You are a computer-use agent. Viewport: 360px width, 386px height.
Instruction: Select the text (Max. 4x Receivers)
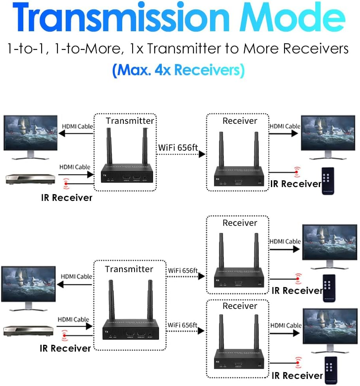tap(178, 70)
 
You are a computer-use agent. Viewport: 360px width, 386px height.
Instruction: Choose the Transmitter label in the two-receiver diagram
tap(129, 269)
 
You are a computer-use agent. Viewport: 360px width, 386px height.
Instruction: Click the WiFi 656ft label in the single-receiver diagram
tap(178, 148)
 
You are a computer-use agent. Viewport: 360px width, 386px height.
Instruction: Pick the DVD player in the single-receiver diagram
tap(30, 179)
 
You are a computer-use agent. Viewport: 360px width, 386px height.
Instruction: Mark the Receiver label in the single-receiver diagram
tap(240, 121)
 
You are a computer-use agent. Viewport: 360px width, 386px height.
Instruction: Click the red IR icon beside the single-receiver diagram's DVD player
tap(66, 183)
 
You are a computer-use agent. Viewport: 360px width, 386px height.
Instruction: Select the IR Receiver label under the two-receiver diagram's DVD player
tap(65, 348)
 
